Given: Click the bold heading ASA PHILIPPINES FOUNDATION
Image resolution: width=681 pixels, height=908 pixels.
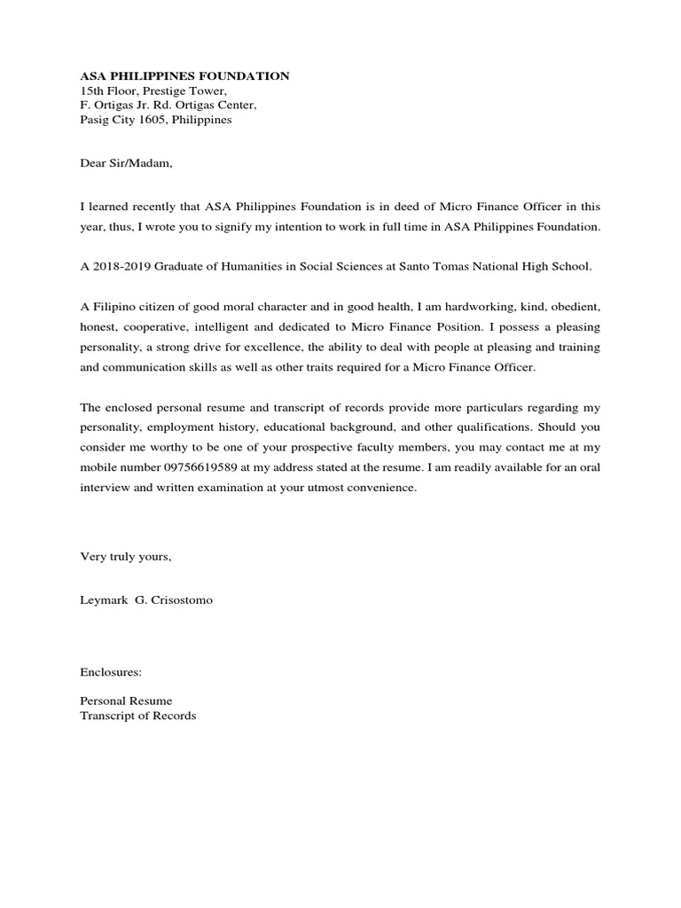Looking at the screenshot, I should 184,76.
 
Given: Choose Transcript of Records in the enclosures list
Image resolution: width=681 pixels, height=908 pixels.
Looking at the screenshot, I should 137,716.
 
